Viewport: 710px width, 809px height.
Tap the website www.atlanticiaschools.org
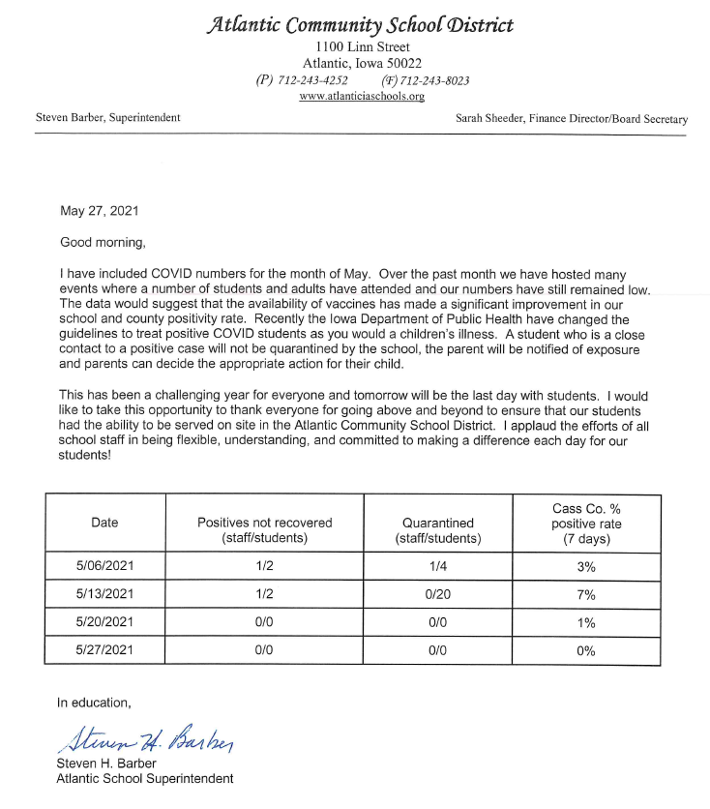[362, 97]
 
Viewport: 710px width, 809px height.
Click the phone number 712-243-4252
[316, 80]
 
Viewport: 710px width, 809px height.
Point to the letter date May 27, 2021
[99, 210]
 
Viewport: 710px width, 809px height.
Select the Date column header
[104, 523]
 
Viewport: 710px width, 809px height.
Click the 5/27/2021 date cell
[104, 650]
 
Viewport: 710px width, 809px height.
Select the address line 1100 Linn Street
[362, 47]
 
